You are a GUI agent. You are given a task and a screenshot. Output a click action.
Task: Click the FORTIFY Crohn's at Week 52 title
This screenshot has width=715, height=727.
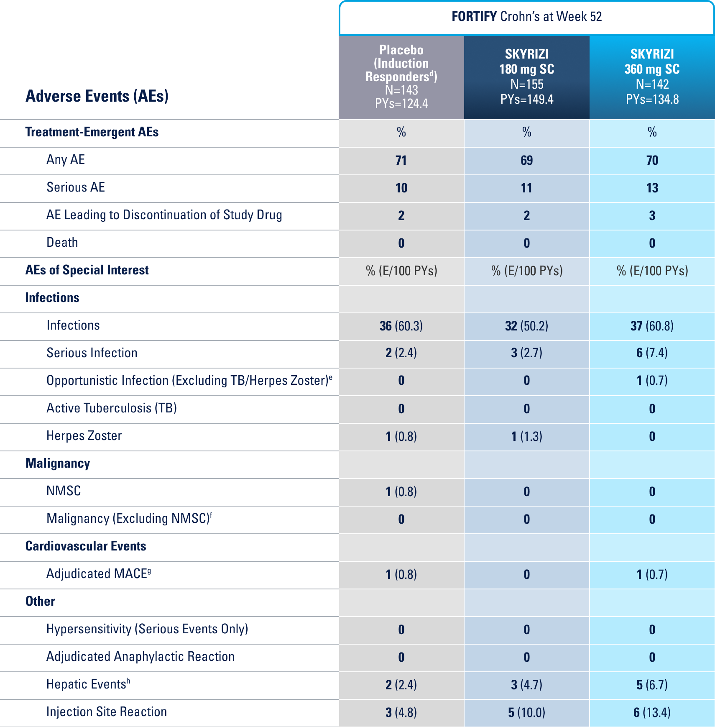526,17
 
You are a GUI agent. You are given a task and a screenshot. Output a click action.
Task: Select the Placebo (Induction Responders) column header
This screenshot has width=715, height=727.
401,77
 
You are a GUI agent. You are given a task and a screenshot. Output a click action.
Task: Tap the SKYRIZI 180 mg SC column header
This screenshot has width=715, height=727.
526,77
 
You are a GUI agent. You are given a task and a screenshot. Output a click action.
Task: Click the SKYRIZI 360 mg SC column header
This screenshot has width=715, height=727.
652,77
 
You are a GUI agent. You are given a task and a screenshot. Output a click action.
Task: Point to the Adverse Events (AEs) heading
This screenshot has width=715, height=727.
97,96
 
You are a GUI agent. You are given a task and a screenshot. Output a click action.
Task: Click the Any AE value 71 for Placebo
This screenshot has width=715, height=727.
401,161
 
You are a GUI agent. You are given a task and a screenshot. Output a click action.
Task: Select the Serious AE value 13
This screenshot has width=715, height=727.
652,188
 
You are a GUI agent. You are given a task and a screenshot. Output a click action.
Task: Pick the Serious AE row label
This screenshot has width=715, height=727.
76,187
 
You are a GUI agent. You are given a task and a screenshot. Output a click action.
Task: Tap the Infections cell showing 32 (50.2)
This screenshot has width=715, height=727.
526,326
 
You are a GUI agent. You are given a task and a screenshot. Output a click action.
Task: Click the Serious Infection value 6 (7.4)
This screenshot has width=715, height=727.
652,353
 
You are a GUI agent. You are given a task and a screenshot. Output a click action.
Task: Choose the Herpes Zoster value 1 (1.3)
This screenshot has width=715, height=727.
526,437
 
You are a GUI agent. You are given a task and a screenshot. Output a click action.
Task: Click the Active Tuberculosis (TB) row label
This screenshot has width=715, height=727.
112,408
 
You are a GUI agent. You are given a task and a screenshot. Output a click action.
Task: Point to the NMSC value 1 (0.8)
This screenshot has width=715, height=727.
401,492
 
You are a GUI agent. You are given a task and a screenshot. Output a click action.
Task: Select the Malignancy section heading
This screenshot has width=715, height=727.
58,463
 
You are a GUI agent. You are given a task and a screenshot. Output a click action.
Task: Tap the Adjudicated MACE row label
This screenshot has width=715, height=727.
99,574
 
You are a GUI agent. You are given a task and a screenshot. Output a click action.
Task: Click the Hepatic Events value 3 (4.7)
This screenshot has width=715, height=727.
526,685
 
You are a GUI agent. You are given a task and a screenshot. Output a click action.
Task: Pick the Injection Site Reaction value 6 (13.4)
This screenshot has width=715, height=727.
652,713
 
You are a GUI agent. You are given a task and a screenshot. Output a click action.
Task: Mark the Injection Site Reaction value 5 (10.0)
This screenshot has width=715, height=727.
526,713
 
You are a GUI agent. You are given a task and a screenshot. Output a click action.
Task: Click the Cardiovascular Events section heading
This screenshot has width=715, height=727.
86,546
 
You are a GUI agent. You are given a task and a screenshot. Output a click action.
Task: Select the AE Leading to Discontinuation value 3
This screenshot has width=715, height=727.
652,216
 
